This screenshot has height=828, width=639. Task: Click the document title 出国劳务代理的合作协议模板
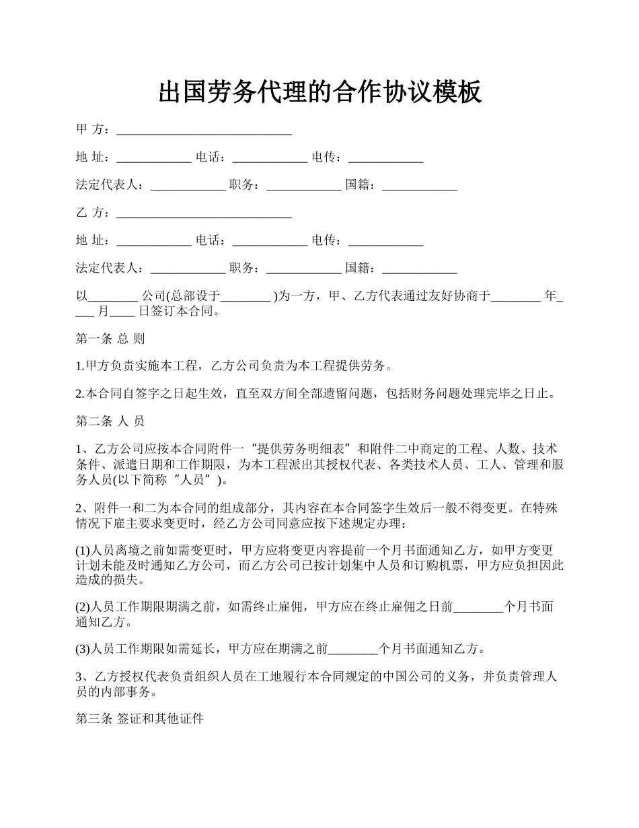319,92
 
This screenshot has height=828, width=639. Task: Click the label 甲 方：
95,129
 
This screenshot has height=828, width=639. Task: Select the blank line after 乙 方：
204,213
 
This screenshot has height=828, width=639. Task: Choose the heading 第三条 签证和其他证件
139,719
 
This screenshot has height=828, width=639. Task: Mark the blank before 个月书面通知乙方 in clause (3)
353,650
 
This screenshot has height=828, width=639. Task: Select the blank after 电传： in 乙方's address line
385,241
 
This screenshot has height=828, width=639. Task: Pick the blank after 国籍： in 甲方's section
420,185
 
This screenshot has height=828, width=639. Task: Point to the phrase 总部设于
195,296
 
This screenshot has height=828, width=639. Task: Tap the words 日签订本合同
178,311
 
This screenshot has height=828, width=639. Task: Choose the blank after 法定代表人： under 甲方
188,185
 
